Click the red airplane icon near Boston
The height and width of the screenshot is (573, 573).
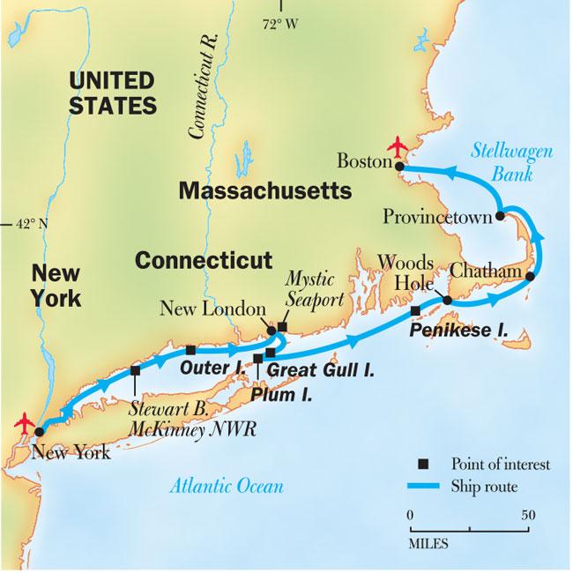click(x=399, y=144)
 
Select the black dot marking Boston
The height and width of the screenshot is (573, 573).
click(x=398, y=165)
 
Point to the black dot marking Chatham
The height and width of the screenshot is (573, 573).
click(x=530, y=277)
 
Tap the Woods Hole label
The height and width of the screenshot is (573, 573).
click(x=406, y=274)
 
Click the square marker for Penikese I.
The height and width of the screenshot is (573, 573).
click(x=415, y=311)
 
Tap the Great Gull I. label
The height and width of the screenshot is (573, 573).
click(x=320, y=371)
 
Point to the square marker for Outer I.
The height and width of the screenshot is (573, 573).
click(x=190, y=350)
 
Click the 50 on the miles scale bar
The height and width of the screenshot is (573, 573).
click(x=526, y=514)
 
